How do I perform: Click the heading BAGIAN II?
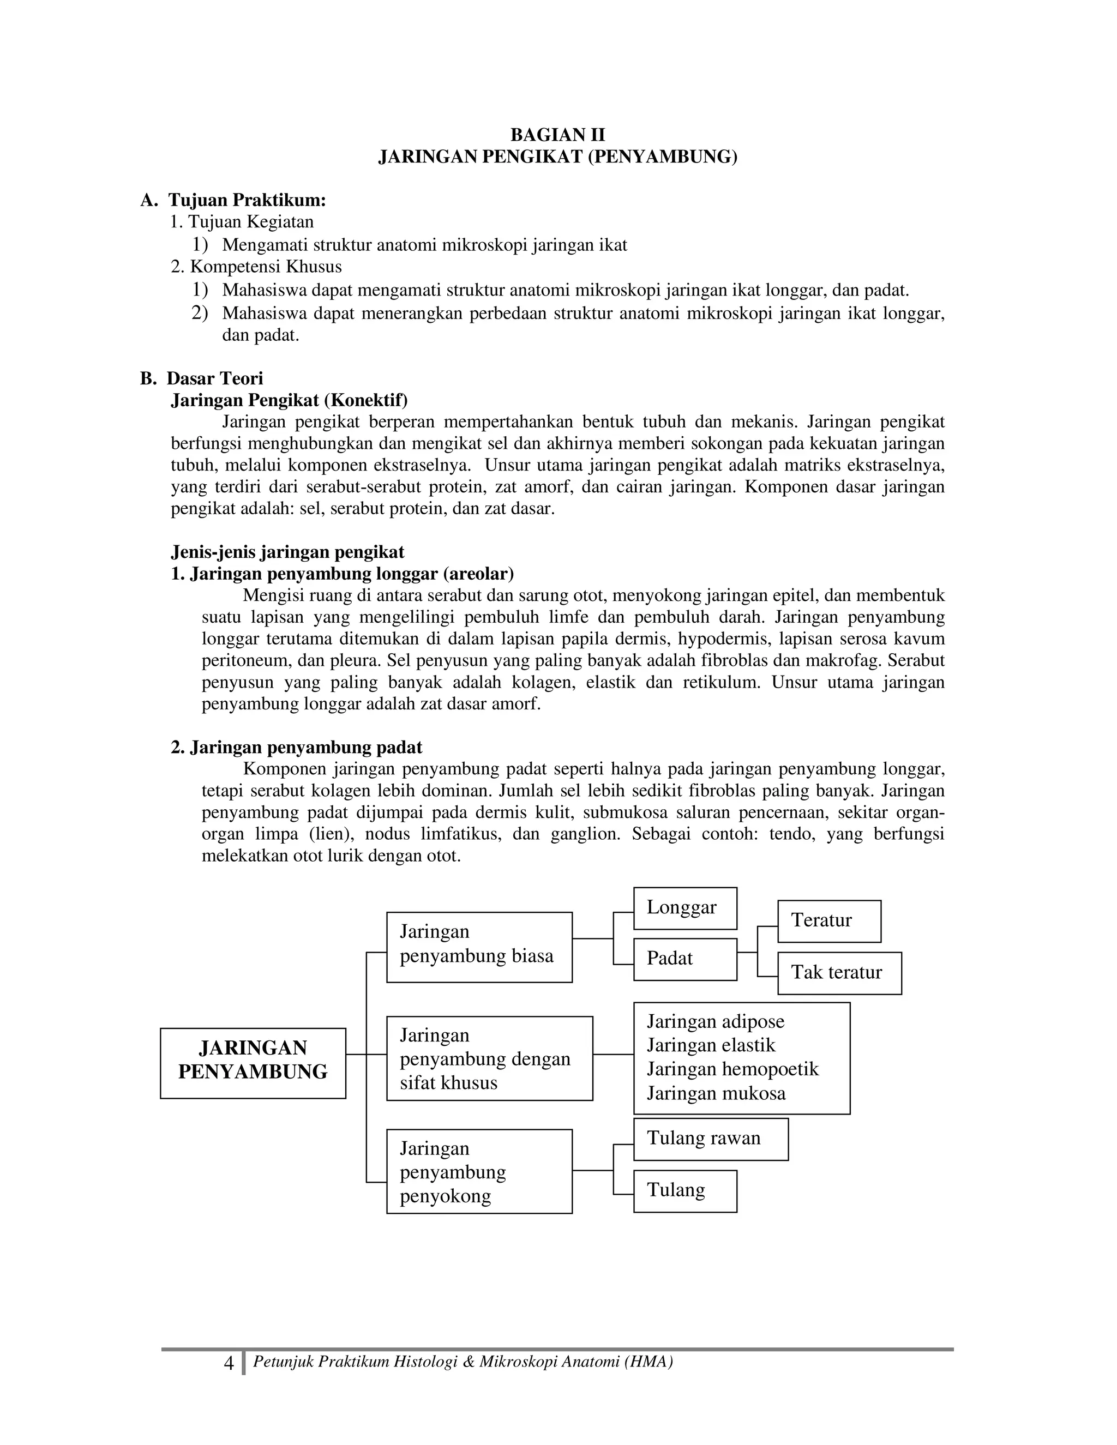click(557, 135)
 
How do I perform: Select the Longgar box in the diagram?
click(685, 908)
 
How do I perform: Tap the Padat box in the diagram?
click(685, 959)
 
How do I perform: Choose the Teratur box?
click(828, 920)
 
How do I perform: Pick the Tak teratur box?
click(838, 973)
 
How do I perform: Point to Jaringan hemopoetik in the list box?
click(732, 1069)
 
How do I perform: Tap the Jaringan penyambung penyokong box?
click(479, 1172)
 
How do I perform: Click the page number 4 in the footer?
click(229, 1364)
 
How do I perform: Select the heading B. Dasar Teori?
click(202, 378)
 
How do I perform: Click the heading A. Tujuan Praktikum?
click(233, 200)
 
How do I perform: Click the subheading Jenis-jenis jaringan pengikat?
click(287, 552)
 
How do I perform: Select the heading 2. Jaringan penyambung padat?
click(297, 748)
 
